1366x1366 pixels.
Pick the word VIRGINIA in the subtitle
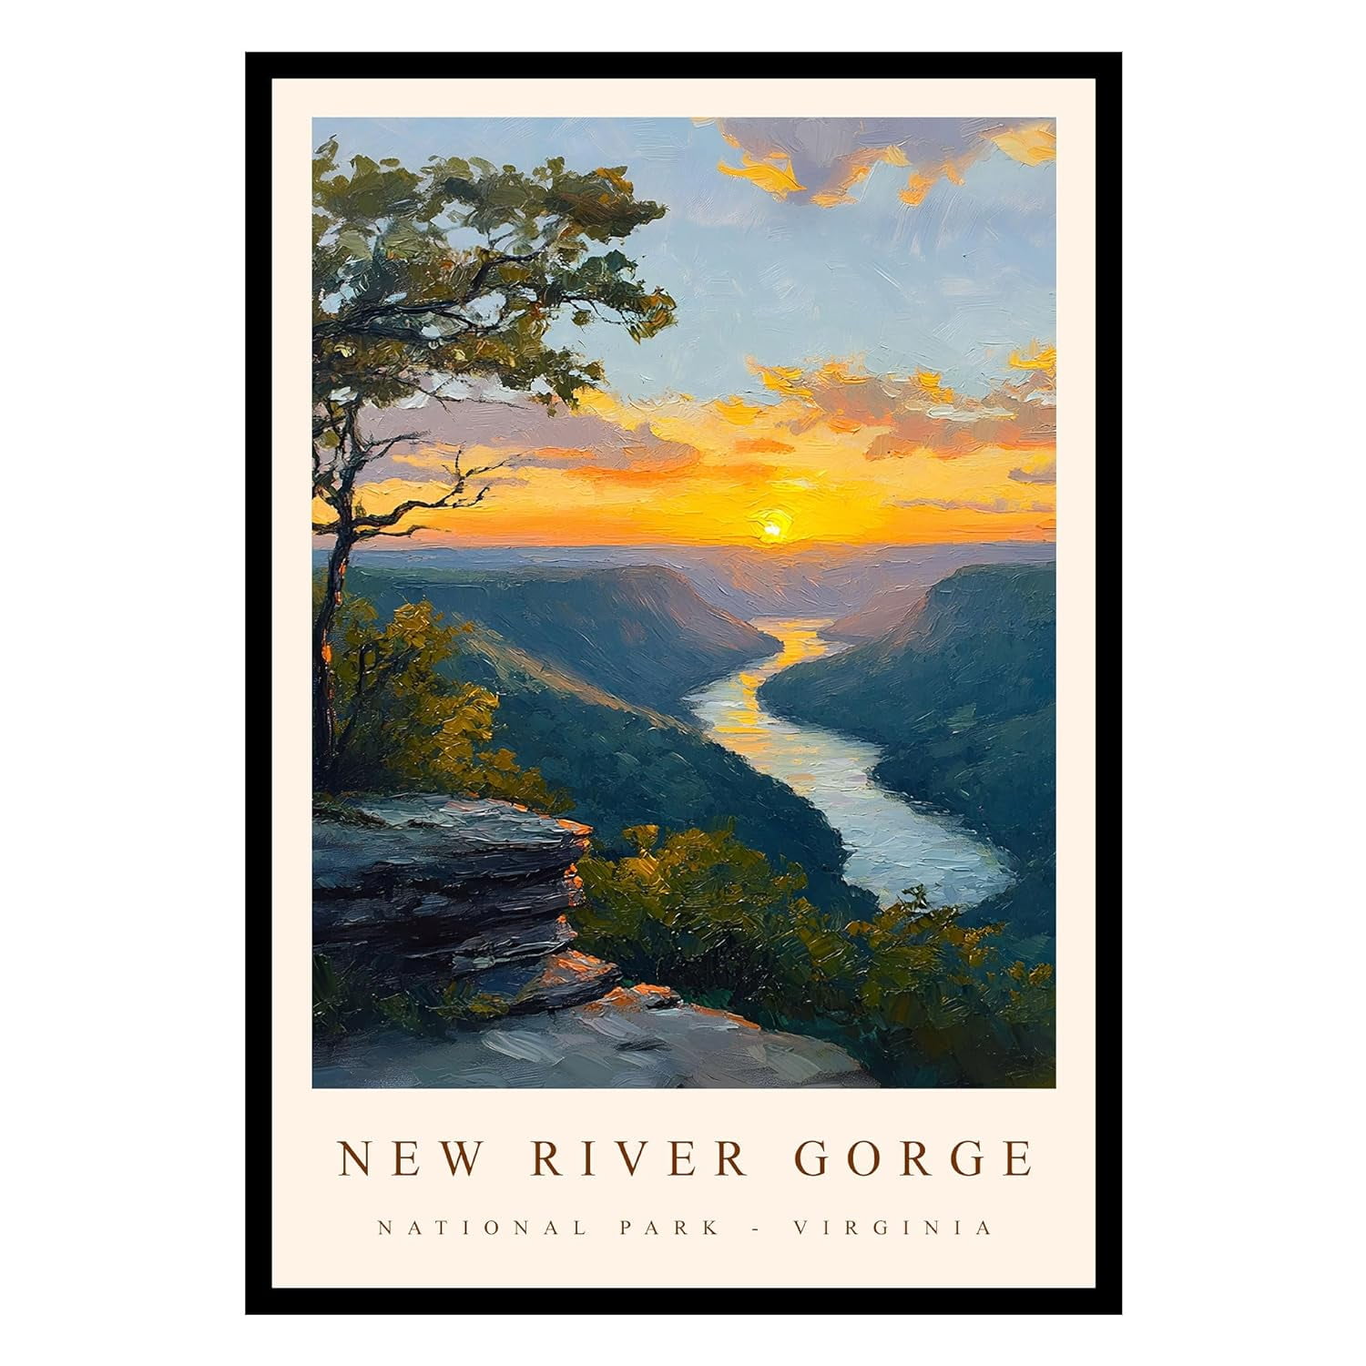(892, 1228)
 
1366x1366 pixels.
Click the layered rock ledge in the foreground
(446, 874)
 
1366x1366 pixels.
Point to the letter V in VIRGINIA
(802, 1228)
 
